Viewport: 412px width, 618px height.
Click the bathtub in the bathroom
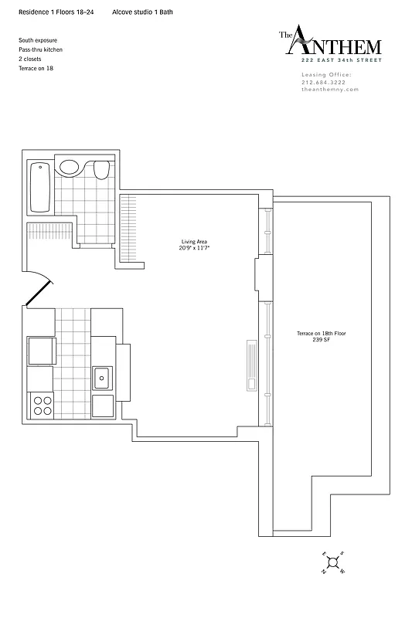coord(40,188)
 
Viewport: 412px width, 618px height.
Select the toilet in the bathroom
coord(101,169)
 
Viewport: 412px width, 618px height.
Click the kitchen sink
coord(101,379)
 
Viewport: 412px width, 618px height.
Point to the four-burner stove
coord(40,403)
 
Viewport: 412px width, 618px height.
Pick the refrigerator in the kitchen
coord(40,351)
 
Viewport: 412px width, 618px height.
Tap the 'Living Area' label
coord(195,242)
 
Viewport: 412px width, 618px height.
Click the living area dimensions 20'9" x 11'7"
coord(195,249)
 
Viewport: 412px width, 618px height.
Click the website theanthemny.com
coord(330,90)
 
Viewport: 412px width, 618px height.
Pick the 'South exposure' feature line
coord(38,39)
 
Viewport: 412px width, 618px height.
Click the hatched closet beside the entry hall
coord(49,231)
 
